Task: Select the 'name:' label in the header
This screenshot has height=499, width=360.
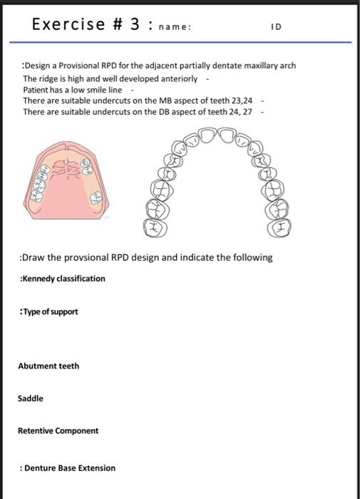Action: (175, 27)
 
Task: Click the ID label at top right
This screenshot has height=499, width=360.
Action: (276, 27)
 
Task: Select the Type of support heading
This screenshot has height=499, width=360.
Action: (50, 312)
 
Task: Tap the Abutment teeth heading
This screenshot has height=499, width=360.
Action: (48, 366)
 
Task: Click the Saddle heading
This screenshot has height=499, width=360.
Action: (31, 398)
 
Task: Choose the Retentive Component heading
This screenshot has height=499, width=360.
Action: (58, 431)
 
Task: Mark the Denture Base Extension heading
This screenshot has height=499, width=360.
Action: (69, 468)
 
